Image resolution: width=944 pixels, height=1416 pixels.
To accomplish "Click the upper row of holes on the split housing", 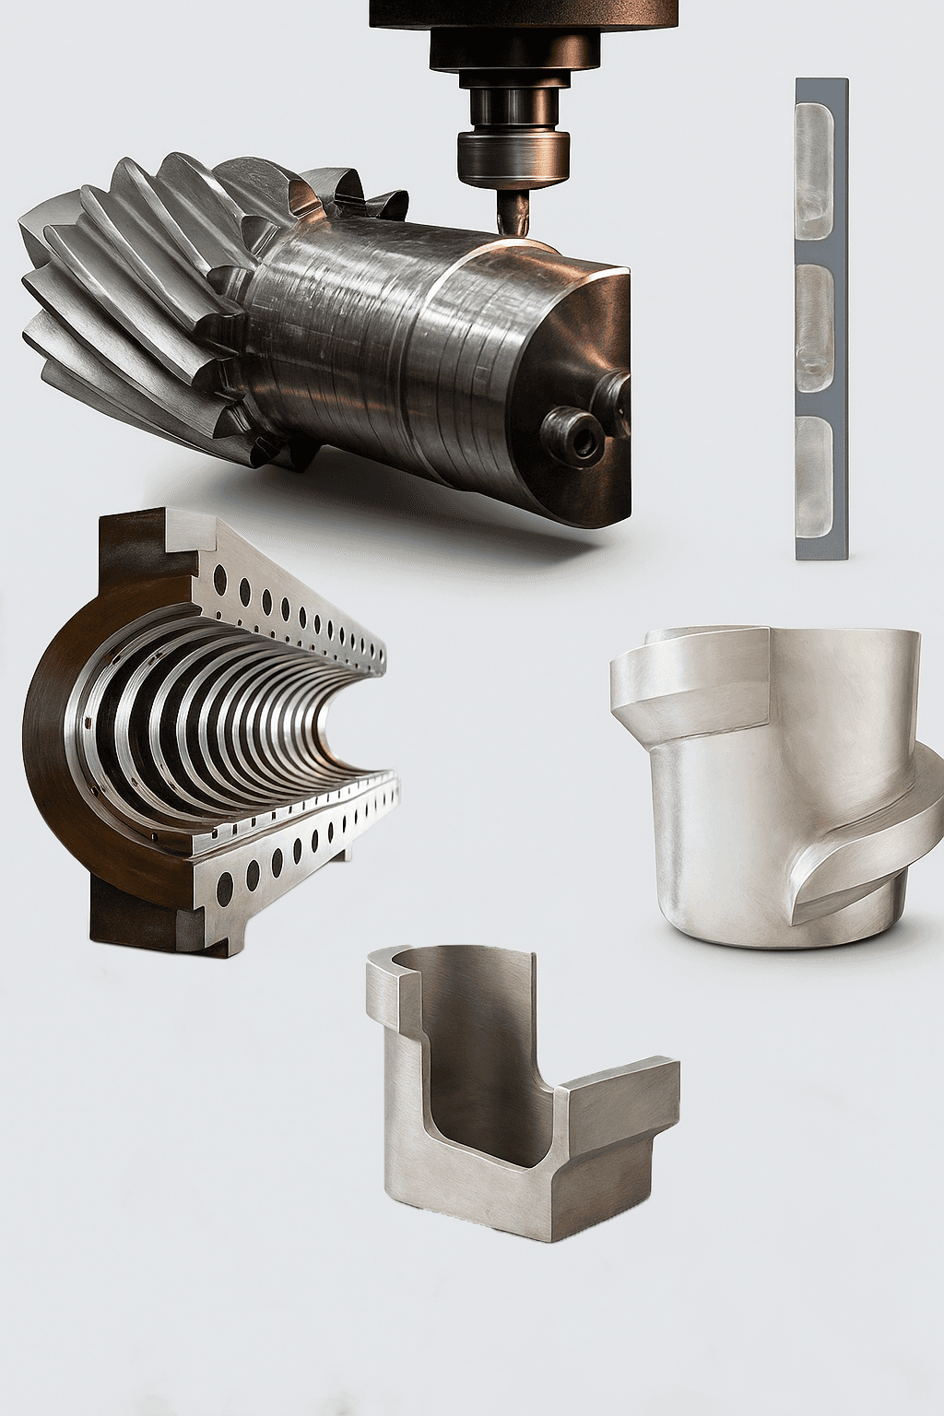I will (x=295, y=608).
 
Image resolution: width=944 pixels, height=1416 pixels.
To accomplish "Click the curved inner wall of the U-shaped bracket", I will (x=479, y=1060).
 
